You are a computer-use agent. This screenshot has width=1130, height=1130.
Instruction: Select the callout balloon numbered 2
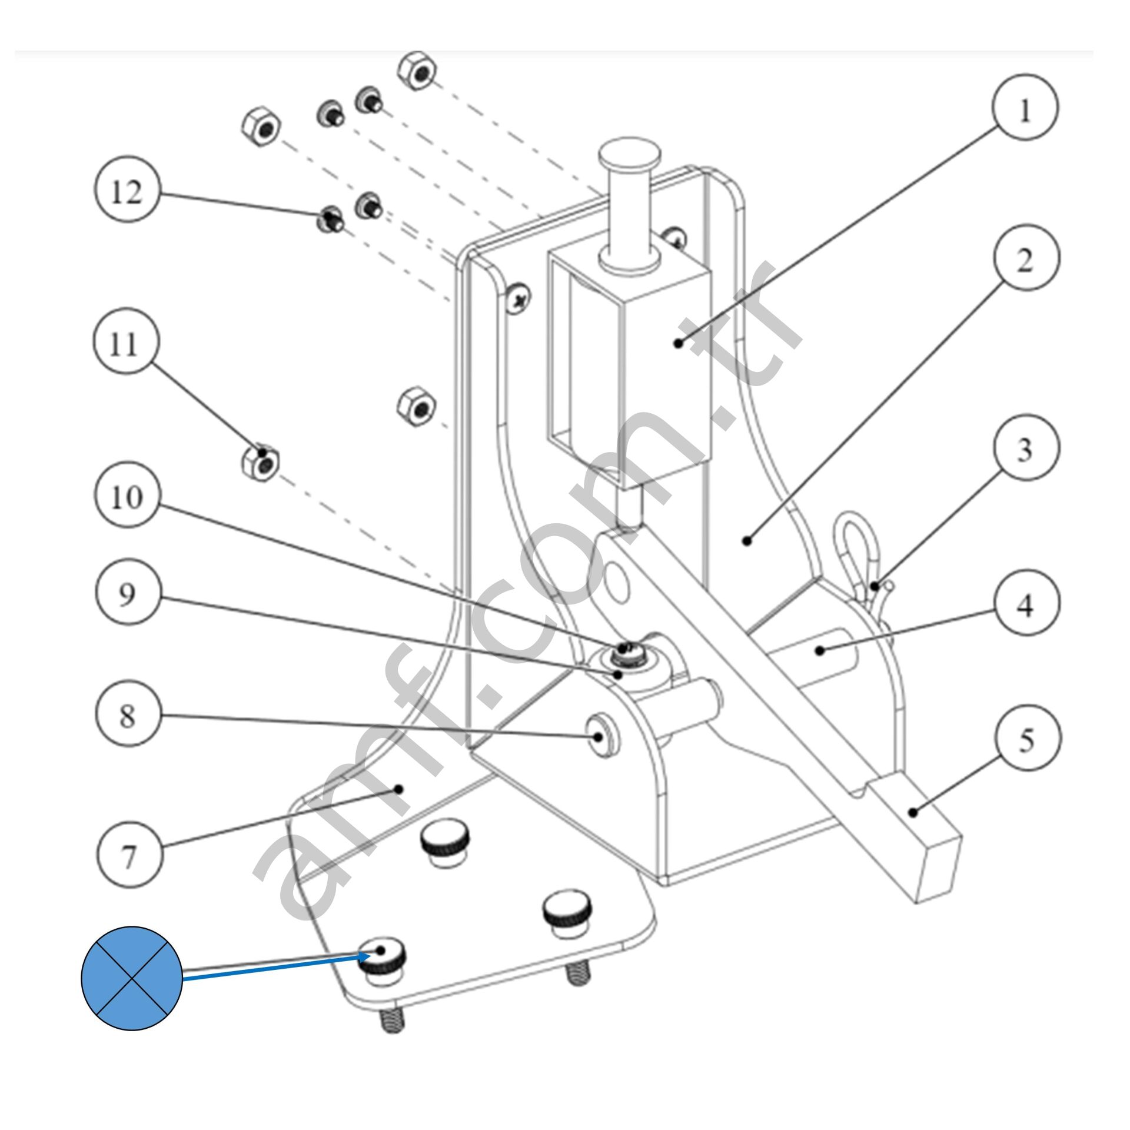click(1025, 257)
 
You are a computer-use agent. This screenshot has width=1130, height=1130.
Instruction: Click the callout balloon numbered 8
click(127, 715)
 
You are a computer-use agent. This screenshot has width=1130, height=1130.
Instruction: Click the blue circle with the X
click(132, 978)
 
